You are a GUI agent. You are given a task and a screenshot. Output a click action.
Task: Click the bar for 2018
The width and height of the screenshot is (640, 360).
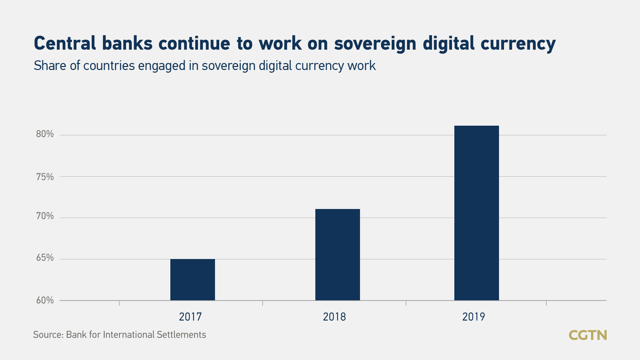337,255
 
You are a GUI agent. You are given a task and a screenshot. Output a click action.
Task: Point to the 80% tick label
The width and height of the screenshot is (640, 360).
45,134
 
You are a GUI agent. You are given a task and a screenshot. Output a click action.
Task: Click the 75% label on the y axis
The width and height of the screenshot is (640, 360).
45,177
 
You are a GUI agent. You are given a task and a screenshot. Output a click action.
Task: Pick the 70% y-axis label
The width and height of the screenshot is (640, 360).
45,216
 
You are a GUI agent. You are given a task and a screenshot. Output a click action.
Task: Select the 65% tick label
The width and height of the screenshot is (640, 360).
45,258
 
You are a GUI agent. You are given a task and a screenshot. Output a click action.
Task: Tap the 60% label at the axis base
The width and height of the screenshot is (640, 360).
45,300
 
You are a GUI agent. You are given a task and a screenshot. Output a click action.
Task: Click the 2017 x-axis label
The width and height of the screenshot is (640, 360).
190,317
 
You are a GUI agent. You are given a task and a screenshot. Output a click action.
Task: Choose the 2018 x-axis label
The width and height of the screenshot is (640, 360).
334,317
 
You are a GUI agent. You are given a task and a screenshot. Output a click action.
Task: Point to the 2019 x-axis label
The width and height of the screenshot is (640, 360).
474,317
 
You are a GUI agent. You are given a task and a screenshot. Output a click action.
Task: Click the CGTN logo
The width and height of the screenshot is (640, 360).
588,335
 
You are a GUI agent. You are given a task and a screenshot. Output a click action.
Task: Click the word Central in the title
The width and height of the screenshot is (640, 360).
65,44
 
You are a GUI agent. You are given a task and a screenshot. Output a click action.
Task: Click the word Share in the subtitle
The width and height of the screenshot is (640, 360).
50,66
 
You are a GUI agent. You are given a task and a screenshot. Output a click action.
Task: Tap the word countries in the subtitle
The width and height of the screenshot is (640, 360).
109,66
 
